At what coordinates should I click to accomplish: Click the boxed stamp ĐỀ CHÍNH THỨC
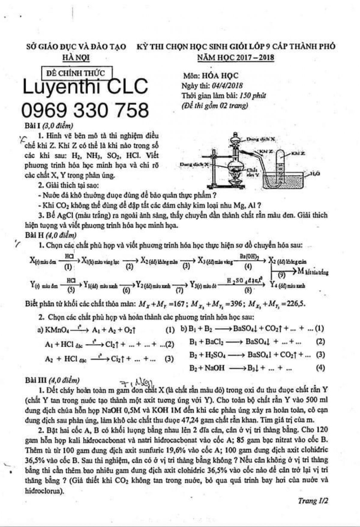click(x=76, y=73)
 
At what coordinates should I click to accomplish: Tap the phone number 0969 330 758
click(x=85, y=110)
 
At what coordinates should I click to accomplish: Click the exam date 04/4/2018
click(x=227, y=86)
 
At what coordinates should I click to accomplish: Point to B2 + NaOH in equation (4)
click(x=207, y=368)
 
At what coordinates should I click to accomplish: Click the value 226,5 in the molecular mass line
click(x=295, y=304)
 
